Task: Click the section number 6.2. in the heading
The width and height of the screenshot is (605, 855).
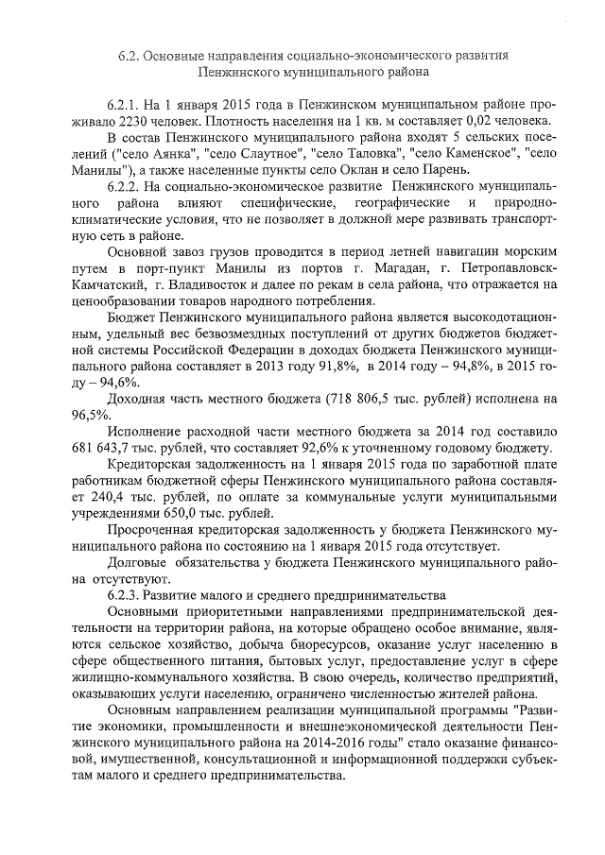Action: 130,56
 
